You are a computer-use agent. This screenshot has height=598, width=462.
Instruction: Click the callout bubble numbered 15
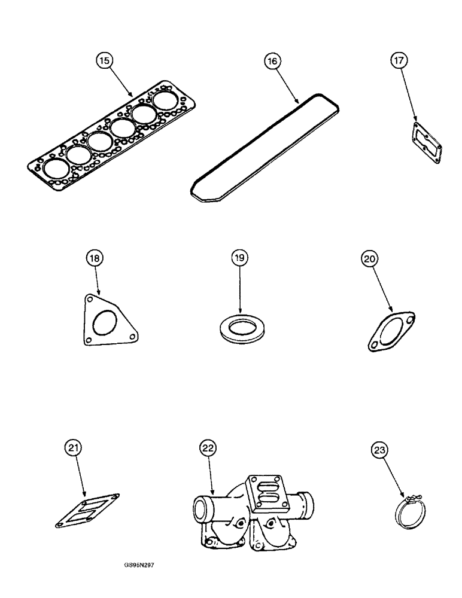tap(105, 61)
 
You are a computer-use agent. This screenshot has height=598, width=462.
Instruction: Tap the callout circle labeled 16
tap(273, 61)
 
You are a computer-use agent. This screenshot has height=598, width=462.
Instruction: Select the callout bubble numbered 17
tap(399, 61)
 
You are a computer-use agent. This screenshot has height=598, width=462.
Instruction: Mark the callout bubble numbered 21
tap(72, 448)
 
